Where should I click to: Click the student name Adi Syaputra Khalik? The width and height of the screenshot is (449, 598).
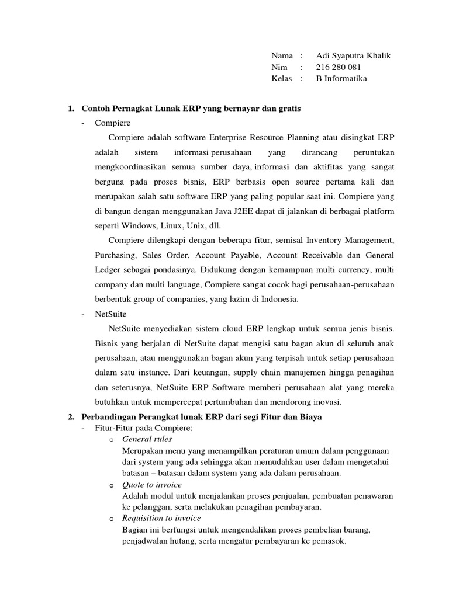[x=353, y=56]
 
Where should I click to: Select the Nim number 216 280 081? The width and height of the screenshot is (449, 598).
[x=339, y=67]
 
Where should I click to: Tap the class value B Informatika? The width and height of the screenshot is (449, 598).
[x=341, y=79]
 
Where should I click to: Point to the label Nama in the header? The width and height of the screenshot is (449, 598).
[x=282, y=56]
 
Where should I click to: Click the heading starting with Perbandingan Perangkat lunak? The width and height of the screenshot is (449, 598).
[x=202, y=417]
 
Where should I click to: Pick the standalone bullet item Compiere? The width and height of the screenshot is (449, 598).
[x=112, y=123]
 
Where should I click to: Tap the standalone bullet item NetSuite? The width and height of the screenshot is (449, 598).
[x=110, y=314]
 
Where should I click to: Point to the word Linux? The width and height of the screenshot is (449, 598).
[x=169, y=225]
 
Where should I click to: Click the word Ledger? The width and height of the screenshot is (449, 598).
[x=108, y=270]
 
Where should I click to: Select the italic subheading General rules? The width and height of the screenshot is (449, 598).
[x=147, y=439]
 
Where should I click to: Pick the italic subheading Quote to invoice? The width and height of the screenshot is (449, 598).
[x=151, y=485]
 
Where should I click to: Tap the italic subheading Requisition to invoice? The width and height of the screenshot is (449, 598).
[x=161, y=518]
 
